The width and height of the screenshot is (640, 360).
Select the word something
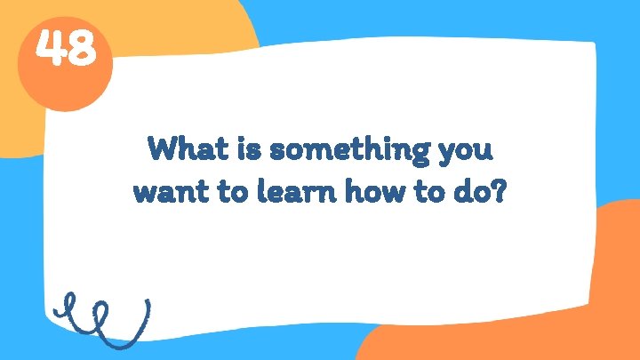pyautogui.click(x=352, y=149)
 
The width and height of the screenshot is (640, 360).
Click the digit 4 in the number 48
pyautogui.click(x=52, y=51)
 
